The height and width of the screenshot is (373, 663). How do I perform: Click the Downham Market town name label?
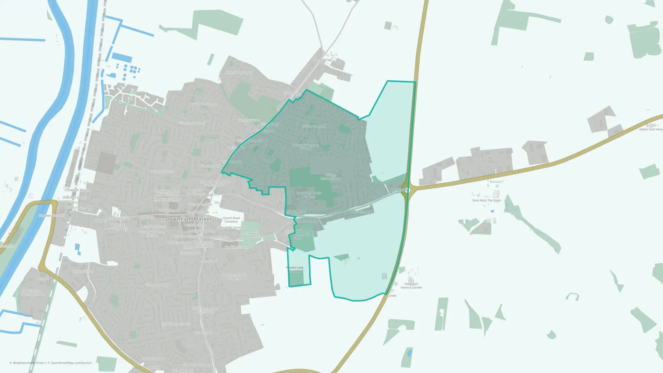[188, 219]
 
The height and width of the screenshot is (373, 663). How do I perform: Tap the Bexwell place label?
[496, 182]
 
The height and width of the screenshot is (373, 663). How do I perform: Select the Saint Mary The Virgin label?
[486, 200]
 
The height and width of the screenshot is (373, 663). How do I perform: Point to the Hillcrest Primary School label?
[331, 177]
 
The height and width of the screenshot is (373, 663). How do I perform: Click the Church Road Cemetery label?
[231, 220]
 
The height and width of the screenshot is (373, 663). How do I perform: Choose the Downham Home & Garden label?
[411, 286]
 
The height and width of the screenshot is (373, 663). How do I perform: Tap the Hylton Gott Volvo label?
[651, 129]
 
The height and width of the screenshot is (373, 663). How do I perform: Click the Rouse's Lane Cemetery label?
[295, 269]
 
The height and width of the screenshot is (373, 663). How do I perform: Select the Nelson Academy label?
[162, 171]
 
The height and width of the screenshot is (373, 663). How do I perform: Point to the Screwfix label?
[43, 279]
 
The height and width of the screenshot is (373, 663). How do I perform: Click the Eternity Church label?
[83, 271]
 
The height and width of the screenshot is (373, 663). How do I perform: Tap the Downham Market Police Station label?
[205, 310]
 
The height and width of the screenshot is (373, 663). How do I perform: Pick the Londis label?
[392, 295]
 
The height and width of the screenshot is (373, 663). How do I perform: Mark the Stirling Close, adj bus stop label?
[314, 126]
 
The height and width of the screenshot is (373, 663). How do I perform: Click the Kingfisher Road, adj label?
[239, 73]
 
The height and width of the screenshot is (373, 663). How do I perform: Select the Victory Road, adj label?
[157, 285]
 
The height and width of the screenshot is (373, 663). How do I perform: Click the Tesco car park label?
[190, 253]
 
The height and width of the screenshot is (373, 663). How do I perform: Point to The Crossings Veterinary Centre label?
[32, 292]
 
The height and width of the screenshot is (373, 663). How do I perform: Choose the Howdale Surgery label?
[236, 247]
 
